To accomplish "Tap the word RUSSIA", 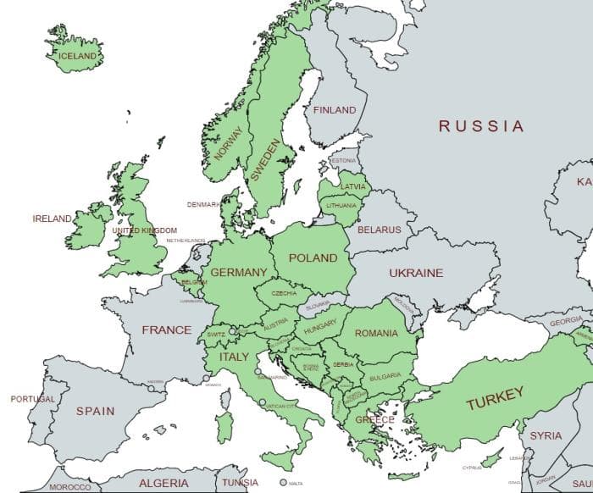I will pos(480,126).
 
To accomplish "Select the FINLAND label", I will pos(335,110).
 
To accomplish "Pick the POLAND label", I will pos(313,258).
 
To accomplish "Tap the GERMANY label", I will pos(238,272).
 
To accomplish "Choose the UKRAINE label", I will pos(415,274).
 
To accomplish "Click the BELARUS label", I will pos(379,230).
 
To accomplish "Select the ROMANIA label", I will pos(376,334).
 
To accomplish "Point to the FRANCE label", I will pos(166,330).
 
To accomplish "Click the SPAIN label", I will pos(95,411).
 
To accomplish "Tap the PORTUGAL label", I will pos(33,399).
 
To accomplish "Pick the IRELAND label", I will pos(53,219).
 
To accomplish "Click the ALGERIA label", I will pos(163,483).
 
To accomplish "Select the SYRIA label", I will pos(546,435).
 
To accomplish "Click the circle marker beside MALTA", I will pos(283,483).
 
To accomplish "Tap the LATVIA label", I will pos(352,186).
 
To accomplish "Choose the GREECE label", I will pos(374,420).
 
